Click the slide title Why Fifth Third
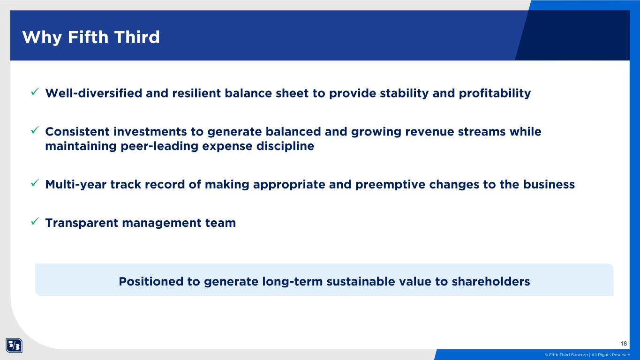91,37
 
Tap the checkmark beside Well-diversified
35,92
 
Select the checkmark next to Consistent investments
35,130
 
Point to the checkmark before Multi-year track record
35,183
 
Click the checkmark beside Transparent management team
35,221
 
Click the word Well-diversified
94,93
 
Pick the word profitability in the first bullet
495,94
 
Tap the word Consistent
77,132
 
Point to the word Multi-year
75,185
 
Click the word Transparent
82,223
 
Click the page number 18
624,344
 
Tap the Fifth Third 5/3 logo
14,345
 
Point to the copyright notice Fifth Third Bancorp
587,355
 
